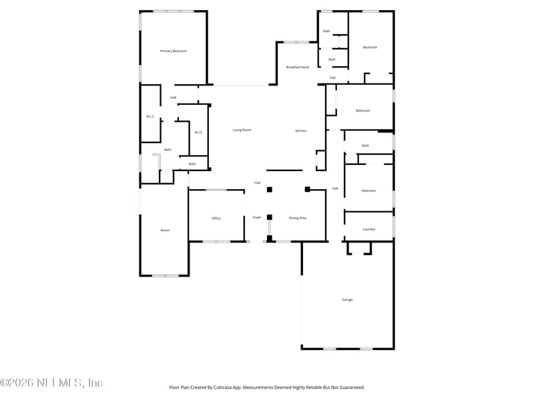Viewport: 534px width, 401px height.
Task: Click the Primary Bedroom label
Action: (x=173, y=51)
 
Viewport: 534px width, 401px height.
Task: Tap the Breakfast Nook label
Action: (x=297, y=67)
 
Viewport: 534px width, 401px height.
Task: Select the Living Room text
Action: (x=242, y=130)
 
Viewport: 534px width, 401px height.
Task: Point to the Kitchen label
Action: (x=301, y=130)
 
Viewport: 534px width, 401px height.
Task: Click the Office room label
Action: (x=216, y=218)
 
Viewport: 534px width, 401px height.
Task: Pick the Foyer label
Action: (x=257, y=217)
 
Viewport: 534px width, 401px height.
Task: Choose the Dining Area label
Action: (x=298, y=218)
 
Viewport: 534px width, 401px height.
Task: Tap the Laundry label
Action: (x=368, y=229)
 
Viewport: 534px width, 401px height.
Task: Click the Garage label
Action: (x=347, y=299)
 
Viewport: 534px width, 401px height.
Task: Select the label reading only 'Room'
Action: (x=165, y=230)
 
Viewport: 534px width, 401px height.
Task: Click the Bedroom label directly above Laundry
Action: (x=368, y=190)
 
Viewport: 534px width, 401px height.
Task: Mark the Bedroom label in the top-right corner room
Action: (x=370, y=47)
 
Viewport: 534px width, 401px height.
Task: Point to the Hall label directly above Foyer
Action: (x=257, y=182)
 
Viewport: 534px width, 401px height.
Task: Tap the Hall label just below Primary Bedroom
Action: (x=173, y=98)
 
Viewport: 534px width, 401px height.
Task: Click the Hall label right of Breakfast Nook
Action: (x=332, y=78)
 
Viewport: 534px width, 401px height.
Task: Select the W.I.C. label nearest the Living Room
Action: (x=198, y=132)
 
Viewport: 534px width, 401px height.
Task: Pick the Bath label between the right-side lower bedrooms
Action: (x=365, y=145)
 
